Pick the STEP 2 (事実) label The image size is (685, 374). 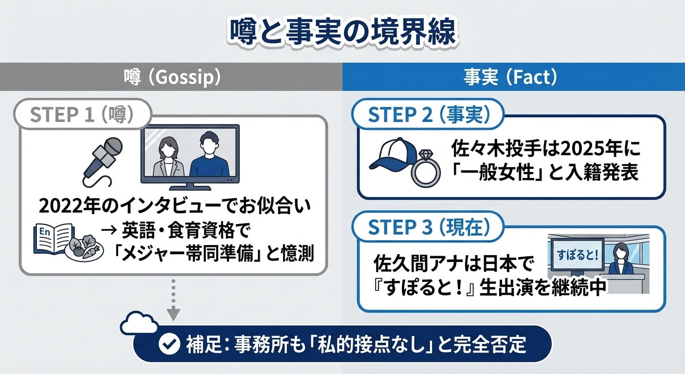coord(428,115)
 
